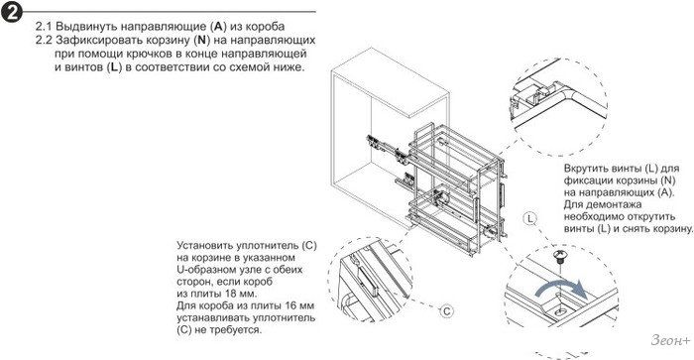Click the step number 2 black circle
(12, 13)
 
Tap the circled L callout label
(529, 218)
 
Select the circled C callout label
(446, 311)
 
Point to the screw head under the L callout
(559, 255)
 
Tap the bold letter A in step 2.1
(218, 26)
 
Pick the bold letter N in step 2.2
(201, 40)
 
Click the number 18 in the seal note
(230, 294)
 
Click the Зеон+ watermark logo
(670, 340)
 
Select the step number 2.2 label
(44, 40)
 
